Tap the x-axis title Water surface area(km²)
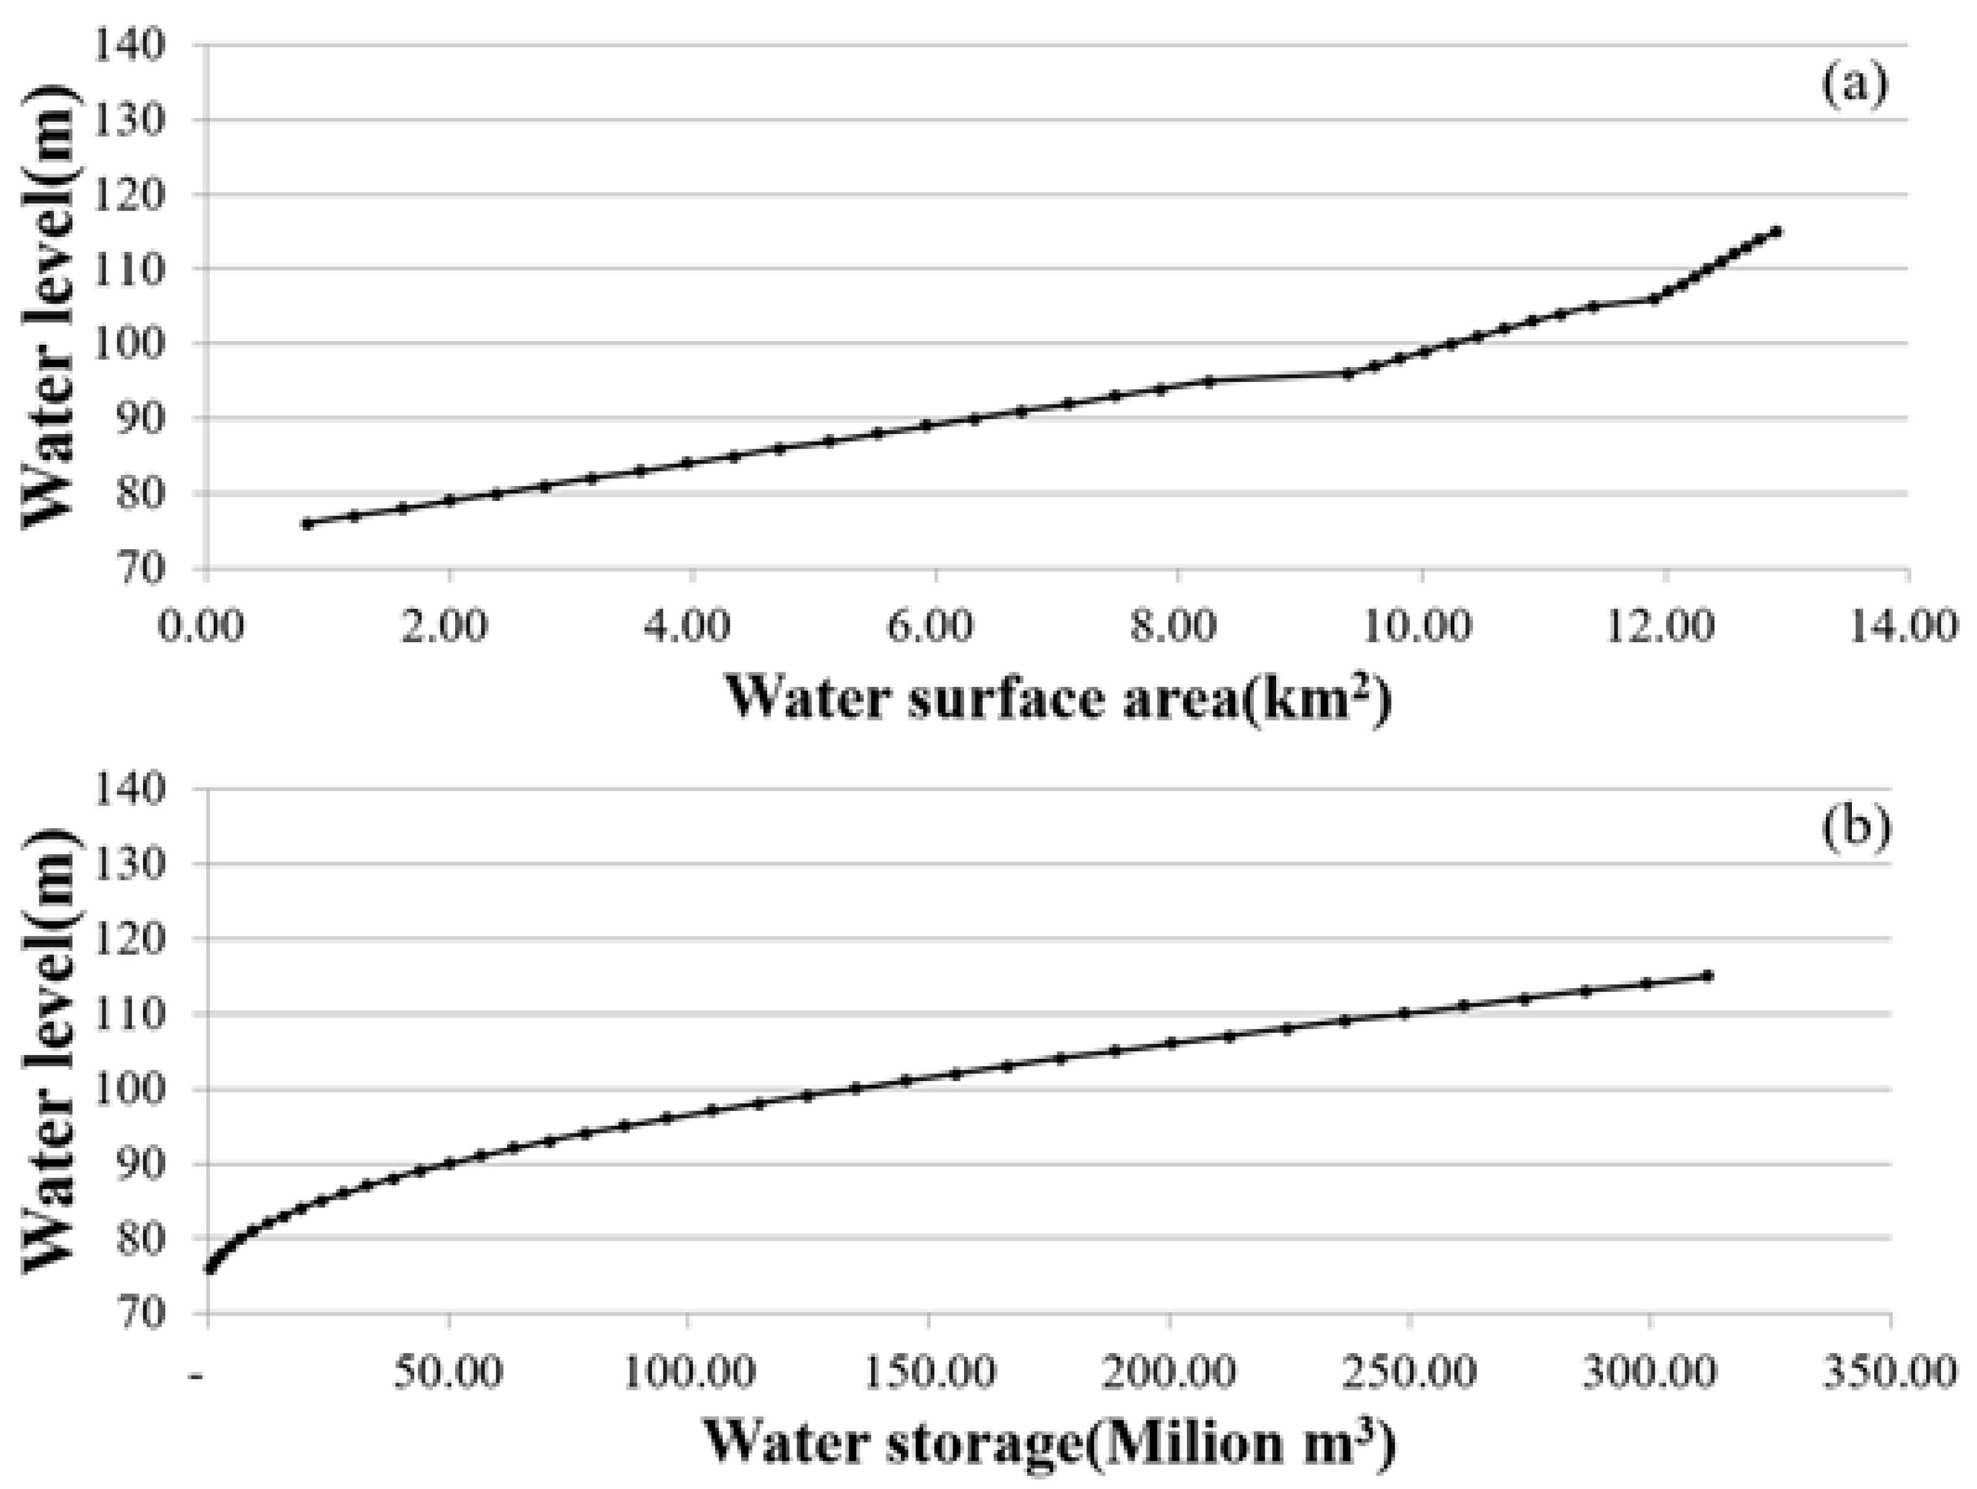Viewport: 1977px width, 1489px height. [x=1058, y=698]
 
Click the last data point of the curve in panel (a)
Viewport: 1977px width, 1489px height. [x=1776, y=232]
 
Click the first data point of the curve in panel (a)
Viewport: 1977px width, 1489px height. [x=307, y=524]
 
